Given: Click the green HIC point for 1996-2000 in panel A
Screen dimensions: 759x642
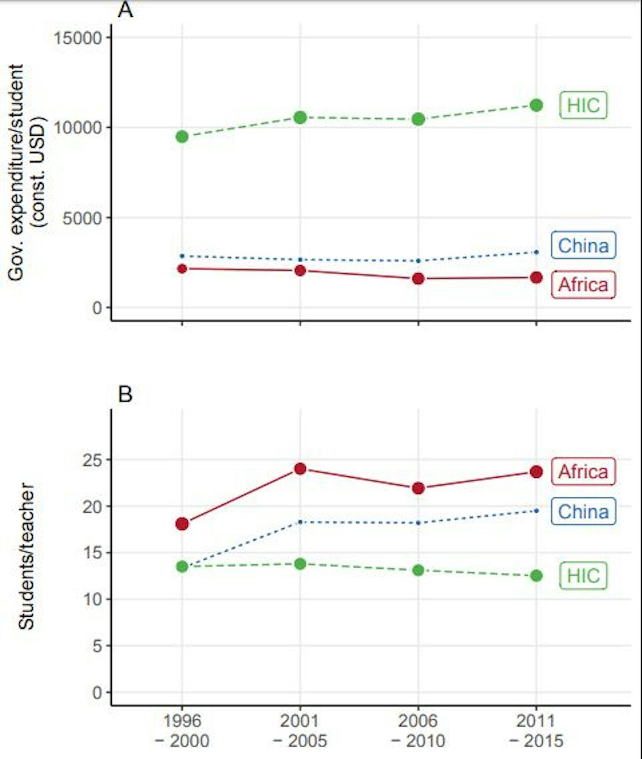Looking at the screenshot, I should tap(182, 137).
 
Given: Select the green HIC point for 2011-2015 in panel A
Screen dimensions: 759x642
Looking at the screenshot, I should tap(536, 105).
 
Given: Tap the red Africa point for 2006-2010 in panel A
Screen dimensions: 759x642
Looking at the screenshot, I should tap(418, 279).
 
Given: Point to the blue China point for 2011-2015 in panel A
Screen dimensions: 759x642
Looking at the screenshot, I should tap(536, 252).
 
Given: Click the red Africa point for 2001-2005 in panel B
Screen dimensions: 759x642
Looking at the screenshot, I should tap(300, 468).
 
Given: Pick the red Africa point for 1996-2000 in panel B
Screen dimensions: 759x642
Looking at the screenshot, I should tap(182, 524).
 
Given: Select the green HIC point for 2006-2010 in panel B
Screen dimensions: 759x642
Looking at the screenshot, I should tap(418, 570).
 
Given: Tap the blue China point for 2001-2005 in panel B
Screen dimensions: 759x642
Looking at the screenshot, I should tap(300, 522).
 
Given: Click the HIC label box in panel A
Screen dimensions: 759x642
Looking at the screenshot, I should tap(583, 106).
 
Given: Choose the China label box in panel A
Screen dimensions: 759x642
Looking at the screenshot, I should tap(583, 246).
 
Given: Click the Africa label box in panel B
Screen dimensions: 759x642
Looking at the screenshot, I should tap(583, 472).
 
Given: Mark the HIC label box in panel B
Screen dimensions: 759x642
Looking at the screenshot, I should tap(583, 575).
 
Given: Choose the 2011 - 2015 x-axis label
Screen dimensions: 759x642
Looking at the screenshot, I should tap(536, 731).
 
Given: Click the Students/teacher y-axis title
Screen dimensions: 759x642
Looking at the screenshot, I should tap(26, 557).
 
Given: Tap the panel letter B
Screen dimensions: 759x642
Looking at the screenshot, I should tap(125, 394).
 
